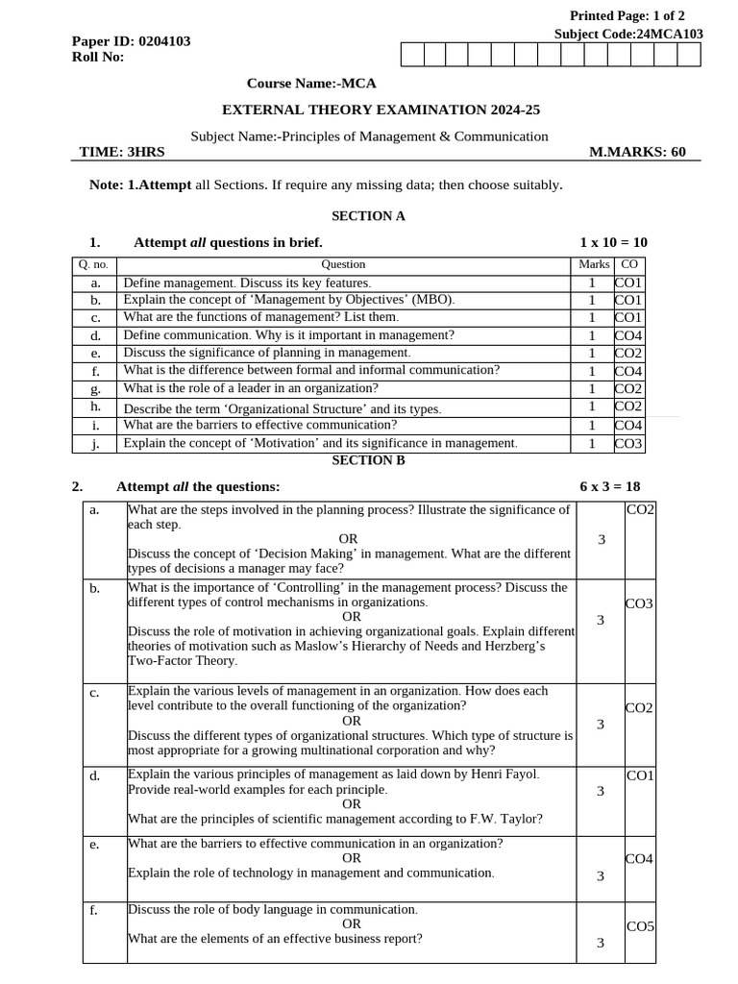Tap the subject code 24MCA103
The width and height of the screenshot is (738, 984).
670,34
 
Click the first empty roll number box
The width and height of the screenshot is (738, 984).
410,55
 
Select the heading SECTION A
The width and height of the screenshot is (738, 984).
368,216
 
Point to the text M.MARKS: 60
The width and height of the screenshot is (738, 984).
637,152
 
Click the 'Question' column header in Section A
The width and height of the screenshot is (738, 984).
343,264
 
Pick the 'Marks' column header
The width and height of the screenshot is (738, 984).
594,264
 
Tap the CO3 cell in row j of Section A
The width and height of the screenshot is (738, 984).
629,444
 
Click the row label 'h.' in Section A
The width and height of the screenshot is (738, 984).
96,406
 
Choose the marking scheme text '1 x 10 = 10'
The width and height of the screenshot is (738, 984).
613,242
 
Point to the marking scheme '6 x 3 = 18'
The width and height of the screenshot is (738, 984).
609,486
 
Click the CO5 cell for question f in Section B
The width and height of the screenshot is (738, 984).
640,927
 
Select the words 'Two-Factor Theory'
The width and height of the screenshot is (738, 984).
182,661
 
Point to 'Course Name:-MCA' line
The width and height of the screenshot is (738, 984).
311,84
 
